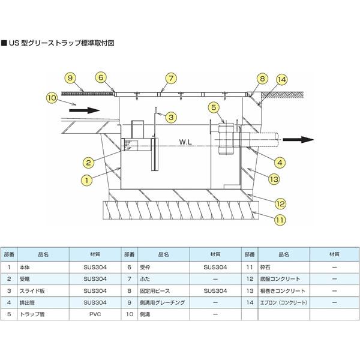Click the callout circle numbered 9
point(70,78)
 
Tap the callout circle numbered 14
point(282,79)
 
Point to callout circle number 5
point(213,107)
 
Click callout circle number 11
point(279,220)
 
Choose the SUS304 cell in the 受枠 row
point(215,268)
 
